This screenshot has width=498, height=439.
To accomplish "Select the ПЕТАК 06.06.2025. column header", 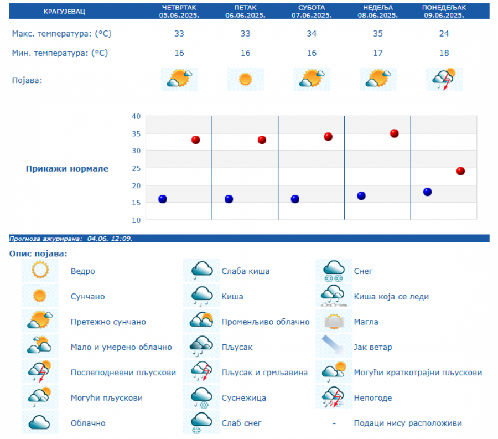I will coord(245,12).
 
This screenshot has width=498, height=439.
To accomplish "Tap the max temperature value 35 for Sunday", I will coord(378,34).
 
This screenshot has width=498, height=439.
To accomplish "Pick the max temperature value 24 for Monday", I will coord(444,34).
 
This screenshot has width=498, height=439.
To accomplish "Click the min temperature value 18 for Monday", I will coord(444,53).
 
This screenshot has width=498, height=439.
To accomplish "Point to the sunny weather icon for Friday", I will coord(245,79).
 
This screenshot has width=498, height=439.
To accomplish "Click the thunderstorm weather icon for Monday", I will coord(444,79).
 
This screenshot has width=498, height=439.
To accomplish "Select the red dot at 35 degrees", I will coord(395,133).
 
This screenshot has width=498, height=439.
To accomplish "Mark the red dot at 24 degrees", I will coord(460,171).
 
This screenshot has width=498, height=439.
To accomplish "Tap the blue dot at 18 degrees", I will coord(427,192).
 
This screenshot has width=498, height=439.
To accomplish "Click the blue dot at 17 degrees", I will coord(361,195).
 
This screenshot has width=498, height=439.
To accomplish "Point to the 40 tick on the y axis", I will coord(136,116).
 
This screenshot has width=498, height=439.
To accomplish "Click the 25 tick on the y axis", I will coord(136,168).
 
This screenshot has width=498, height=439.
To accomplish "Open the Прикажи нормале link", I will coord(67,168).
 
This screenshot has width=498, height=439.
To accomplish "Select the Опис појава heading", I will coord(38,254).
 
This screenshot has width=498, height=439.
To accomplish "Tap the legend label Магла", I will coord(366,322).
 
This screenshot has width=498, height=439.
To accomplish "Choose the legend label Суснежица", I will coord(243,397).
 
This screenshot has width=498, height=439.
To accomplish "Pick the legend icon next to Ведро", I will coord(40,271).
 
